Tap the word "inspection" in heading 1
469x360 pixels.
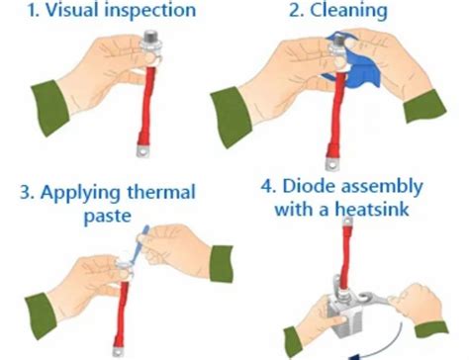point(150,11)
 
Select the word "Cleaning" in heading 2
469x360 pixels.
point(348,11)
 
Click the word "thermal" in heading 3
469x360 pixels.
point(161,192)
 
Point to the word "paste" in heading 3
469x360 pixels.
point(108,217)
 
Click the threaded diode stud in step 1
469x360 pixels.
point(150,37)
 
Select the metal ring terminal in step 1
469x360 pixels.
point(143,151)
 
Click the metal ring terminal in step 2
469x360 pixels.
point(332,163)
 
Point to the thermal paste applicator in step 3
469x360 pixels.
point(138,244)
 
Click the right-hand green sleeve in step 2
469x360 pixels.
point(424,106)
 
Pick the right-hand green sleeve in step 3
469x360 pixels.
point(221,264)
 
